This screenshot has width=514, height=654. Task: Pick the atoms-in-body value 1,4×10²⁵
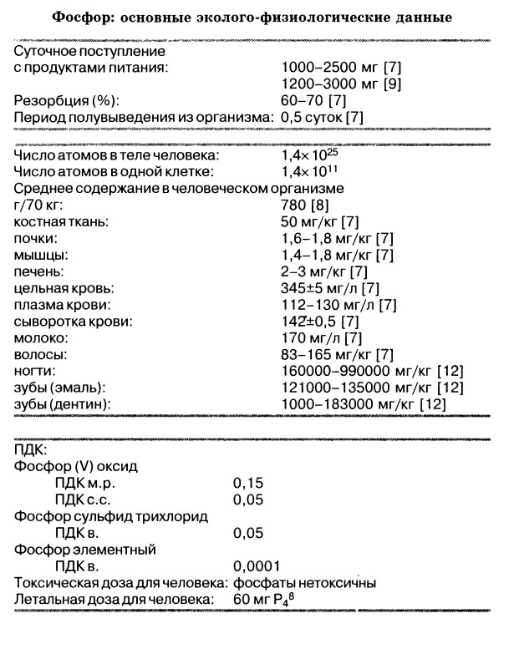click(309, 155)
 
